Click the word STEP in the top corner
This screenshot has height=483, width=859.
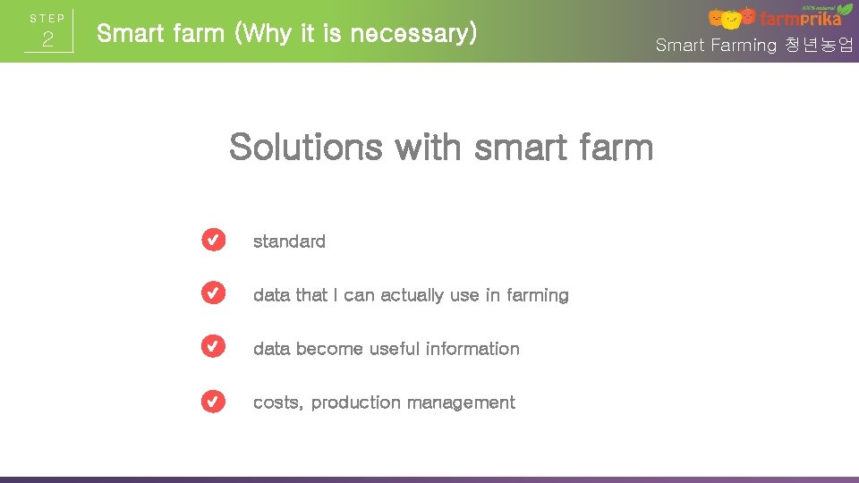[x=47, y=18]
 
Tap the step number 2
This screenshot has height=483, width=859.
[x=48, y=40]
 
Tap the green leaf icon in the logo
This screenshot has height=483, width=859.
[x=844, y=10]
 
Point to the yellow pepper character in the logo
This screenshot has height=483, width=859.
[x=732, y=20]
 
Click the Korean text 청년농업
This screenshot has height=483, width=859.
[x=819, y=45]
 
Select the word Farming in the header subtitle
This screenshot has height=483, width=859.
[x=744, y=46]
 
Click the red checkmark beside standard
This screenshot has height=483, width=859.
[x=213, y=241]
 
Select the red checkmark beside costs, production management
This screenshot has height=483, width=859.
[x=213, y=402]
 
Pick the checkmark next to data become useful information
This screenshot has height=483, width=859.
[x=213, y=348]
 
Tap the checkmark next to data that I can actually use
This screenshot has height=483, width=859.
[x=213, y=294]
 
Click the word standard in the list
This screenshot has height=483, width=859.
[x=289, y=241]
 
